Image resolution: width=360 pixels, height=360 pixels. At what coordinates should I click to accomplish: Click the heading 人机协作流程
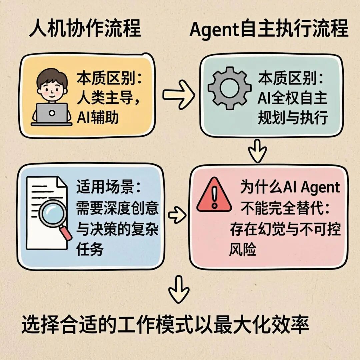point(85,29)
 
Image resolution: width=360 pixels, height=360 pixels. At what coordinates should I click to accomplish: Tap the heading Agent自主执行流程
point(269,29)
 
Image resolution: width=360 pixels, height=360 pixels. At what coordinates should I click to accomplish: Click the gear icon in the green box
point(230,88)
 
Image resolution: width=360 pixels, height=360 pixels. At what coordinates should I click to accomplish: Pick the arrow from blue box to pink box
point(177,216)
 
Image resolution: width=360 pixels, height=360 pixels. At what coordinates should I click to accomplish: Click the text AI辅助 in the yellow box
point(97,117)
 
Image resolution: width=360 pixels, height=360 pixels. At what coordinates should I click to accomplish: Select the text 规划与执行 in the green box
point(293,117)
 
